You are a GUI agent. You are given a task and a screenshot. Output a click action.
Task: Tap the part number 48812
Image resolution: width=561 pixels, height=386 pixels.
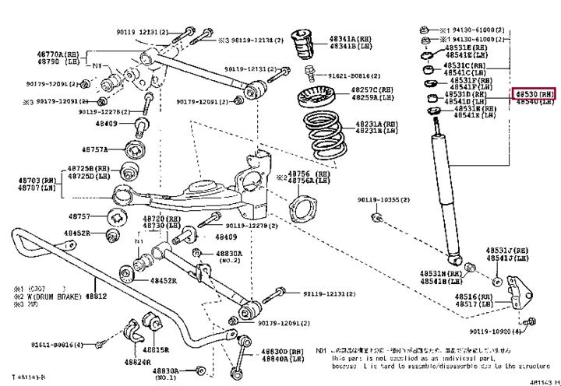(96, 297)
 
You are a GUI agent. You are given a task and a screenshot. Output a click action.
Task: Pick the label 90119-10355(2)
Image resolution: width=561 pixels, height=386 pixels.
(389, 200)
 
